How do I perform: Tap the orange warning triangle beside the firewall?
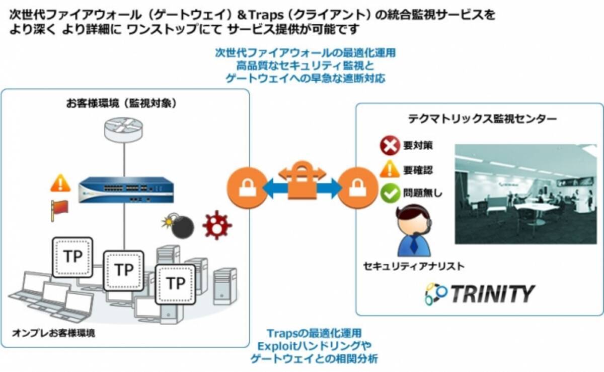(60, 183)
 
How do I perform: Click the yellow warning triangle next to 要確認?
(390, 170)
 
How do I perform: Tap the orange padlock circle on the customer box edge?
(247, 188)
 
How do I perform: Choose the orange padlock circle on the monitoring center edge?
(358, 188)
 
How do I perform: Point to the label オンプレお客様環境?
(54, 333)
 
